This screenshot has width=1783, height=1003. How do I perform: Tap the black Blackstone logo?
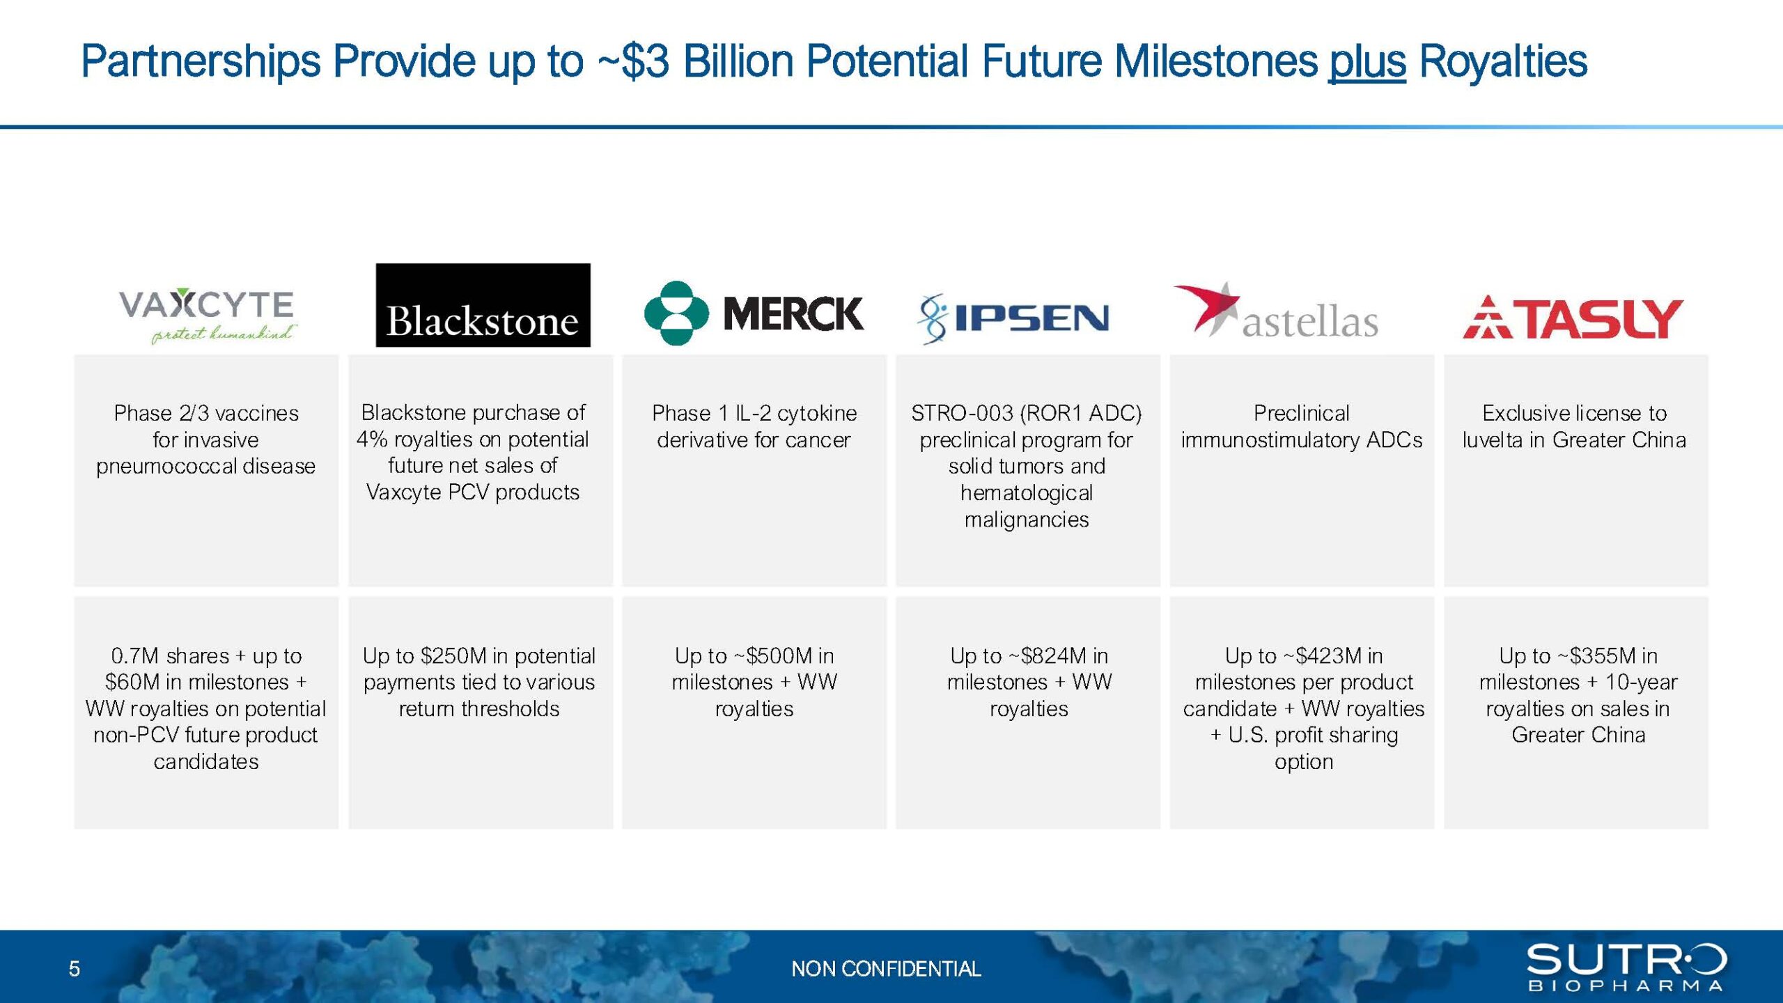(x=483, y=305)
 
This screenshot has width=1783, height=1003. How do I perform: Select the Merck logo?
(x=754, y=313)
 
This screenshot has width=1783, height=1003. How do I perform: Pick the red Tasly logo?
(x=1573, y=318)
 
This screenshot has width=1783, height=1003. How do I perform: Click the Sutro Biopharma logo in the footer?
(x=1626, y=967)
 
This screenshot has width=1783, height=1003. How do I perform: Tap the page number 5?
(x=75, y=969)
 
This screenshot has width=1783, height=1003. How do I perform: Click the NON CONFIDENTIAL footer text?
(x=886, y=969)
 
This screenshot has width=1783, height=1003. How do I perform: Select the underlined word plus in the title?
(x=1367, y=61)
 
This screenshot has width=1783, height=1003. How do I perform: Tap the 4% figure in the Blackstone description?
(x=372, y=440)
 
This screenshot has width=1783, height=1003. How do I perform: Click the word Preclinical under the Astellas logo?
(x=1301, y=413)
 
